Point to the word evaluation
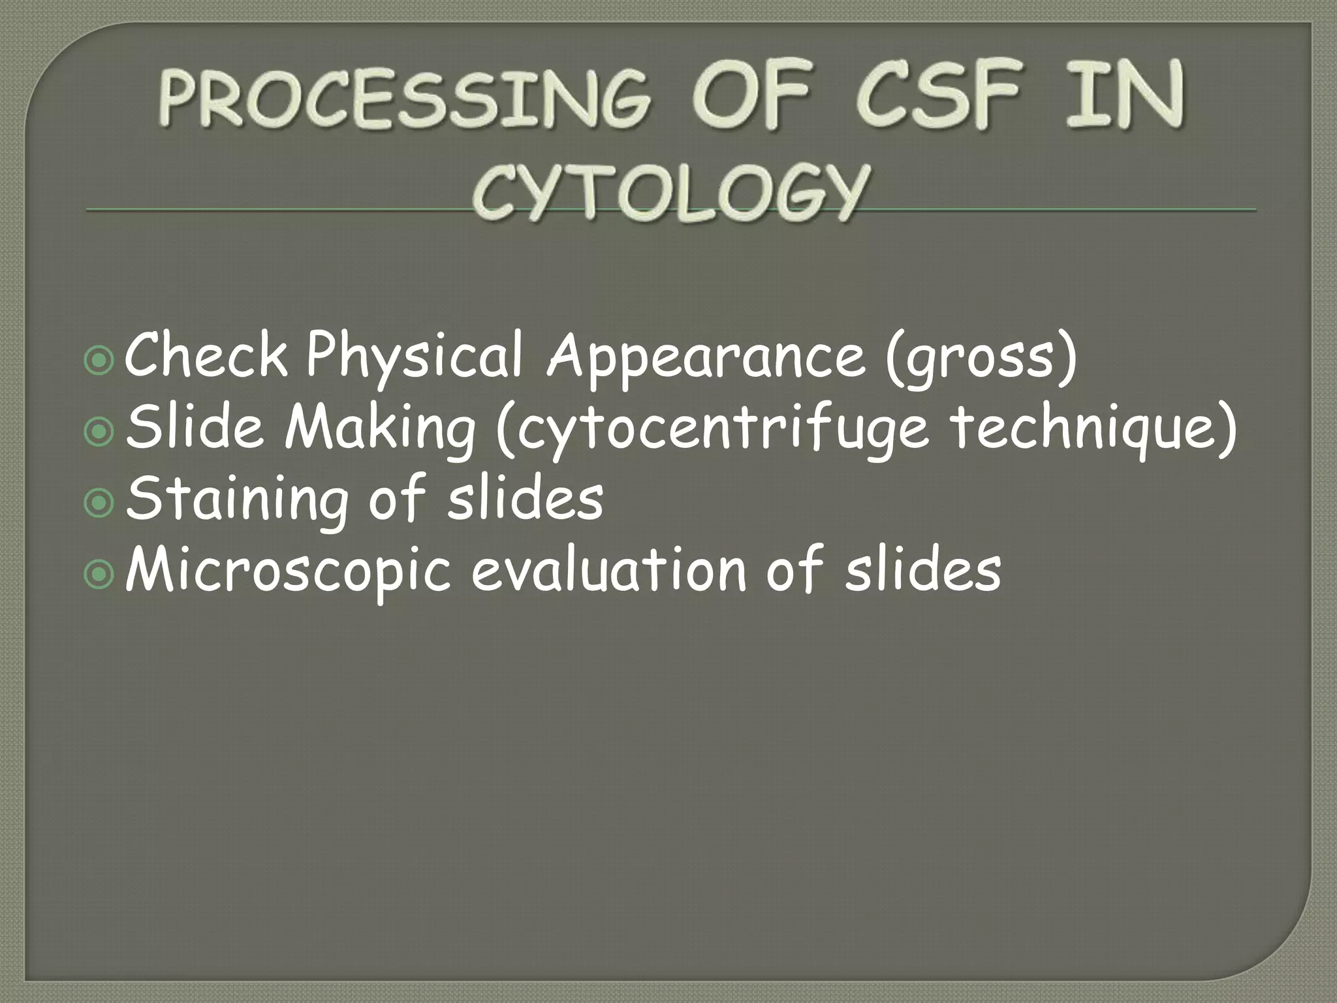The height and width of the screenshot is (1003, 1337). (x=608, y=570)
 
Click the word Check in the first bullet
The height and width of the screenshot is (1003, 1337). (x=206, y=357)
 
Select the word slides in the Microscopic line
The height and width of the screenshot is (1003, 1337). (x=922, y=570)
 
